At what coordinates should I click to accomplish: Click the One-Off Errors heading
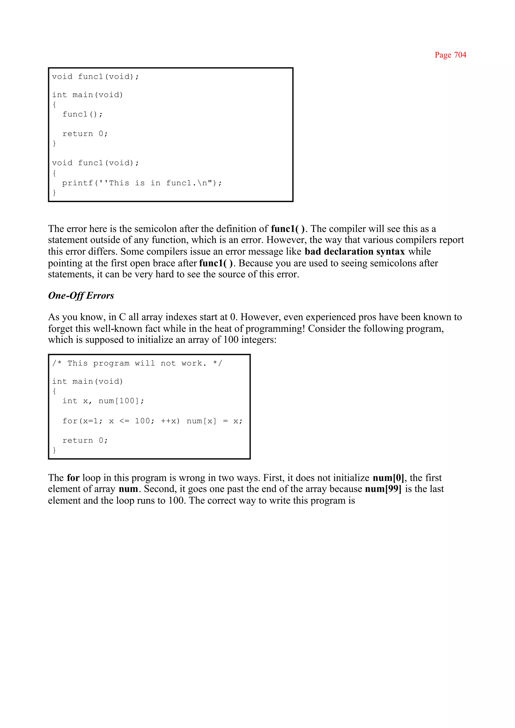(x=81, y=295)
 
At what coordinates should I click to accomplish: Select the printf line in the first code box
(x=142, y=183)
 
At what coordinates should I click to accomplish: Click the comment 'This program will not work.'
(x=137, y=363)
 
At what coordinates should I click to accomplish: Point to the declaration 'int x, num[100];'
(x=103, y=401)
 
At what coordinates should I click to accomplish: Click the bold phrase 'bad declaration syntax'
(x=355, y=251)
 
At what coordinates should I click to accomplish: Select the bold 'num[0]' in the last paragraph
(x=388, y=478)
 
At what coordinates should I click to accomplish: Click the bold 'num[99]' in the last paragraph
(x=383, y=489)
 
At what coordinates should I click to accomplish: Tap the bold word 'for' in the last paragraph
(x=73, y=478)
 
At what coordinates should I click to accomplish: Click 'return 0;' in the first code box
(x=85, y=134)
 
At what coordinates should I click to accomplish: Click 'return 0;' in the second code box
(x=85, y=440)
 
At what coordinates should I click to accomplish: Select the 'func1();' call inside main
(x=82, y=114)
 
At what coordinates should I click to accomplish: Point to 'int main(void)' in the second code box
(x=88, y=381)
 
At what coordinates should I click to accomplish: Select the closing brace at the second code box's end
(x=54, y=450)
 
